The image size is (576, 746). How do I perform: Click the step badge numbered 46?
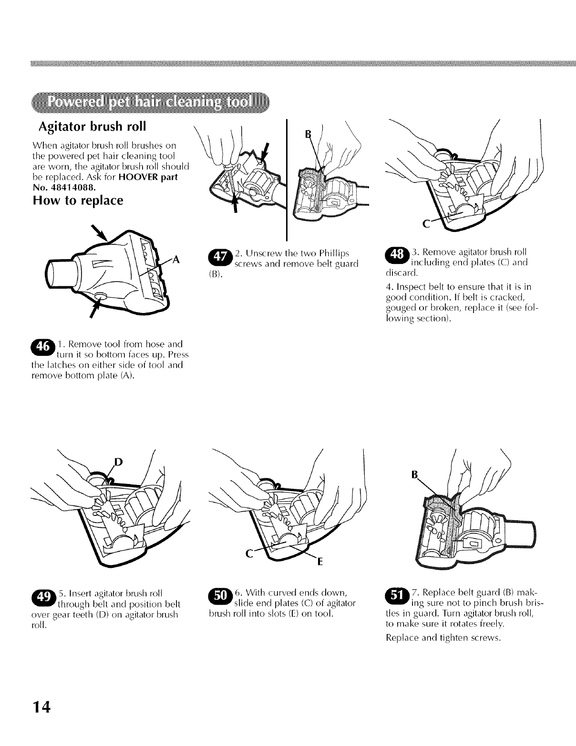[x=43, y=346]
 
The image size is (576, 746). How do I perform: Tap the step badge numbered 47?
[x=220, y=256]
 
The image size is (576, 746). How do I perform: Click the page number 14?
[x=41, y=706]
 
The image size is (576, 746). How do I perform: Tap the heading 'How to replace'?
[x=78, y=200]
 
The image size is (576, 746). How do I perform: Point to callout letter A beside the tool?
[x=176, y=260]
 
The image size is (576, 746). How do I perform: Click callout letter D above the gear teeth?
[x=118, y=462]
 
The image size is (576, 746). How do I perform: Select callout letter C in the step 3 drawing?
[x=426, y=224]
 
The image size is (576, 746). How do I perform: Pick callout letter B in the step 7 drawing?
[x=414, y=475]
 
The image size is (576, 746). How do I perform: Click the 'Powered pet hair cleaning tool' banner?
[x=151, y=102]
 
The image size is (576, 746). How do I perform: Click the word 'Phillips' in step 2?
[x=334, y=254]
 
